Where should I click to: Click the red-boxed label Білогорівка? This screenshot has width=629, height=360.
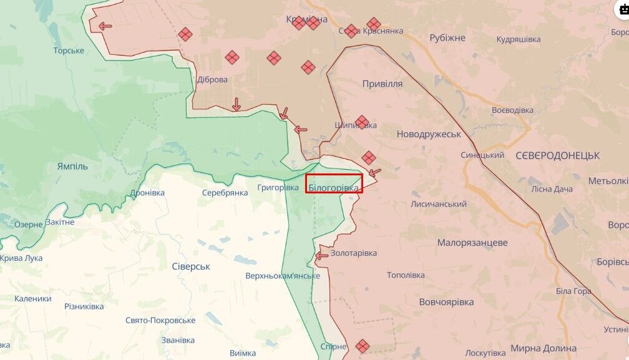click(x=334, y=187)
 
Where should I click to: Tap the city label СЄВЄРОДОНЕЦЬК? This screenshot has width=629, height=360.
click(x=557, y=155)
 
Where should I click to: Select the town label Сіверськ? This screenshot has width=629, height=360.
click(x=191, y=266)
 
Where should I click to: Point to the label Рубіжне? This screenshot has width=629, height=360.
click(x=447, y=38)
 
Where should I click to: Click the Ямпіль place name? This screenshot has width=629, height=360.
click(x=72, y=167)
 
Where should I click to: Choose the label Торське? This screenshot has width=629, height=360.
click(x=69, y=51)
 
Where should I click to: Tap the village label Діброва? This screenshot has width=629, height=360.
click(x=212, y=80)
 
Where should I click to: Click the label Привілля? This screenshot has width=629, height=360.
click(x=382, y=84)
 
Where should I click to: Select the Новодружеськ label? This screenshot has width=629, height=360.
click(x=429, y=134)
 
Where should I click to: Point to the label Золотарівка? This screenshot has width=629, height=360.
click(x=354, y=253)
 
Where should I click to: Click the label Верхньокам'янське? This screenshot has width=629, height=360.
click(x=283, y=275)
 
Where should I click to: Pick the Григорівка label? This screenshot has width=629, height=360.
click(x=278, y=187)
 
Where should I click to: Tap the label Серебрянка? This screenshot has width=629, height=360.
click(x=225, y=193)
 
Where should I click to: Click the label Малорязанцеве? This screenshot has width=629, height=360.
click(x=472, y=243)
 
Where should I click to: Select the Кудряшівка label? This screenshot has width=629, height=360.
click(x=518, y=39)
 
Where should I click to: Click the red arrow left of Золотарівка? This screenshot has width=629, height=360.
click(x=322, y=255)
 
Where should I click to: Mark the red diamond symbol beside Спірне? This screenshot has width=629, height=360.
click(x=363, y=345)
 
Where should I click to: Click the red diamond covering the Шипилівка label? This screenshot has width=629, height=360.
click(x=362, y=122)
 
